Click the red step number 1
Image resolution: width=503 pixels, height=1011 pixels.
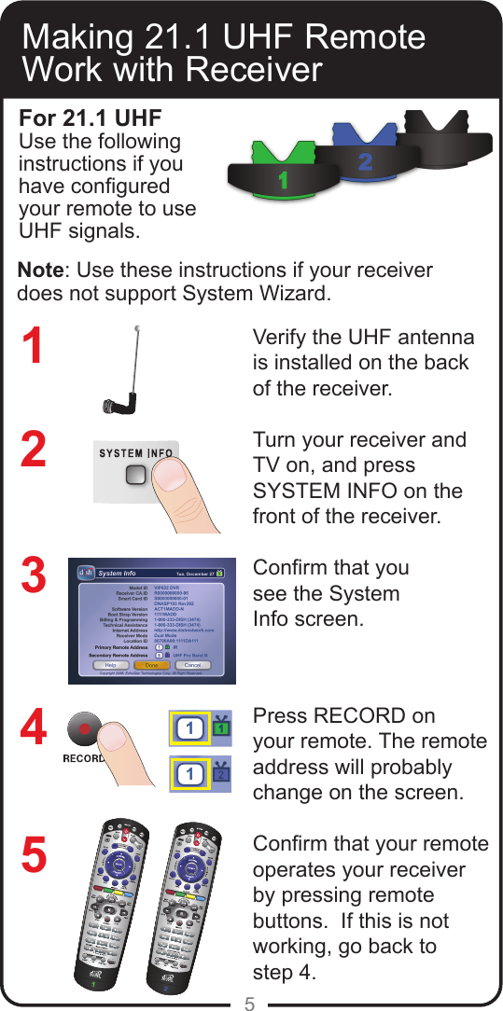pyautogui.click(x=33, y=346)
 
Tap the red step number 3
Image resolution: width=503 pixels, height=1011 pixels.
pyautogui.click(x=33, y=575)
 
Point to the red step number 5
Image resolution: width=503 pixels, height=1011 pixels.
pyautogui.click(x=33, y=856)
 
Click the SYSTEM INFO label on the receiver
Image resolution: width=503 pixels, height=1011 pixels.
pyautogui.click(x=136, y=454)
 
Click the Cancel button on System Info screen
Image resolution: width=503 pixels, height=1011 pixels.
pyautogui.click(x=193, y=665)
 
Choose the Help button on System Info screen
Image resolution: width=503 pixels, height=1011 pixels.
pyautogui.click(x=110, y=665)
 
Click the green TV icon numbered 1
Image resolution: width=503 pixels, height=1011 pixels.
pyautogui.click(x=221, y=727)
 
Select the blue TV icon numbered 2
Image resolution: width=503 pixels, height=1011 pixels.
pyautogui.click(x=221, y=774)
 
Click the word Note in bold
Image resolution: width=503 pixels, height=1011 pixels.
pyautogui.click(x=41, y=270)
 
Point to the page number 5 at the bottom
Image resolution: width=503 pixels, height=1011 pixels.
pyautogui.click(x=250, y=1004)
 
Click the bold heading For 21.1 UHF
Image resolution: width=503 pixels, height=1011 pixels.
pyautogui.click(x=91, y=119)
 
